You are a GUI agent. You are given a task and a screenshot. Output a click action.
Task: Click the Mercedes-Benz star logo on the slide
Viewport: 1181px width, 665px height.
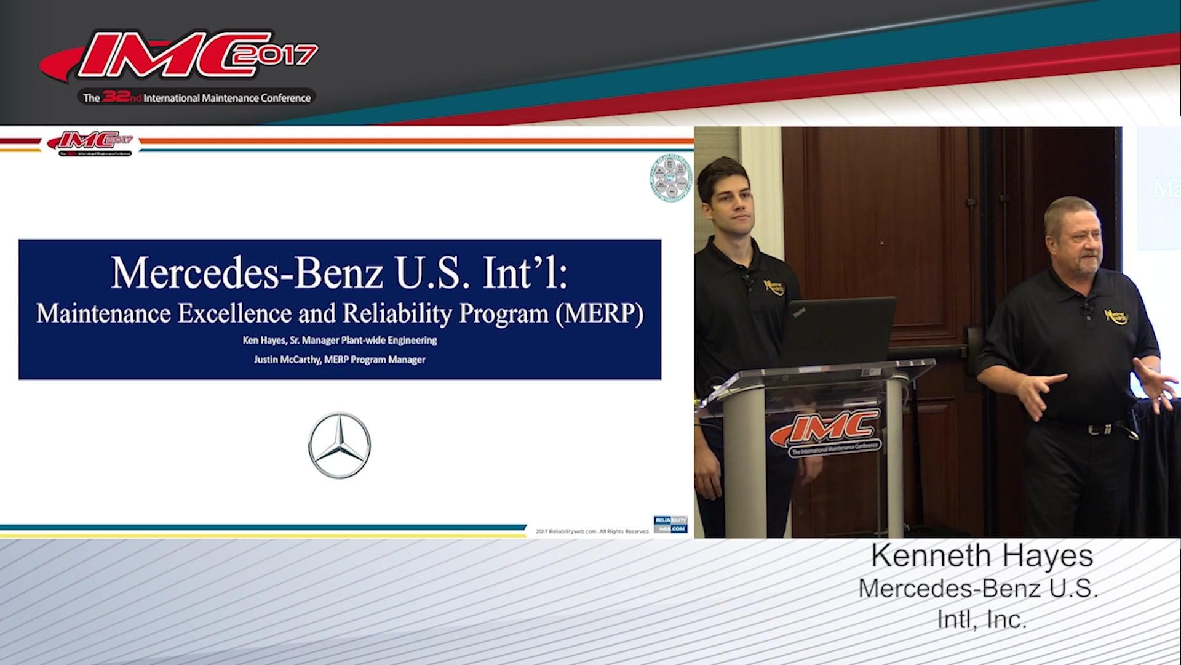(x=339, y=445)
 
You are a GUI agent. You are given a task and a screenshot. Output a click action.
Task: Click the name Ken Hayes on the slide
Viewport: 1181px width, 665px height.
(x=264, y=340)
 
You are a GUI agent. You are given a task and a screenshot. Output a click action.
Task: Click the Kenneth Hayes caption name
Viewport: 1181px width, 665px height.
(x=982, y=555)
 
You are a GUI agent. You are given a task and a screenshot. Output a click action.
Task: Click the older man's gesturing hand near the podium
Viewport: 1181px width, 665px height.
(x=1036, y=394)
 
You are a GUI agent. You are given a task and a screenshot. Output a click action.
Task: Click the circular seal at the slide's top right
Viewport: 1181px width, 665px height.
(x=671, y=179)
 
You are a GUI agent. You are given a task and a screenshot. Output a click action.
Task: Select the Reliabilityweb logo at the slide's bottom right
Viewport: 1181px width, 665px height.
(x=670, y=524)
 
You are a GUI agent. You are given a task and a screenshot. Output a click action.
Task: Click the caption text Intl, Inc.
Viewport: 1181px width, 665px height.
(x=982, y=619)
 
